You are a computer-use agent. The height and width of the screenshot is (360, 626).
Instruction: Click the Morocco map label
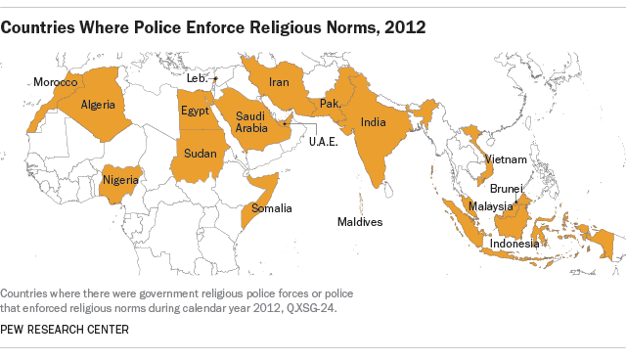click(x=55, y=83)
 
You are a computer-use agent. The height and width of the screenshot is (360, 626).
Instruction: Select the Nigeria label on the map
click(x=120, y=180)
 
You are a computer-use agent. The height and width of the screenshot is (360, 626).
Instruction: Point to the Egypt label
click(x=195, y=111)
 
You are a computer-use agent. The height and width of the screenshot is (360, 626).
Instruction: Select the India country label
click(x=373, y=122)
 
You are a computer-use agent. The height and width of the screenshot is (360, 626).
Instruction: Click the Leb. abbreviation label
click(x=196, y=76)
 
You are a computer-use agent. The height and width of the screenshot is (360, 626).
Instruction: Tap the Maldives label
click(x=359, y=222)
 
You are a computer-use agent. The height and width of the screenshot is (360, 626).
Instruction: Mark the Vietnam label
click(x=508, y=159)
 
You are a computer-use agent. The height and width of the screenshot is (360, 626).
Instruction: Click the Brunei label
click(x=506, y=188)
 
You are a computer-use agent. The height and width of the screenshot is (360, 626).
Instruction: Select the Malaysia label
click(x=490, y=206)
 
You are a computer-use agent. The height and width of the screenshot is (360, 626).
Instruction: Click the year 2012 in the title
click(x=406, y=26)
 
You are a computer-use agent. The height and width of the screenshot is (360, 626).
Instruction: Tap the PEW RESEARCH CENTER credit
click(x=65, y=329)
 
